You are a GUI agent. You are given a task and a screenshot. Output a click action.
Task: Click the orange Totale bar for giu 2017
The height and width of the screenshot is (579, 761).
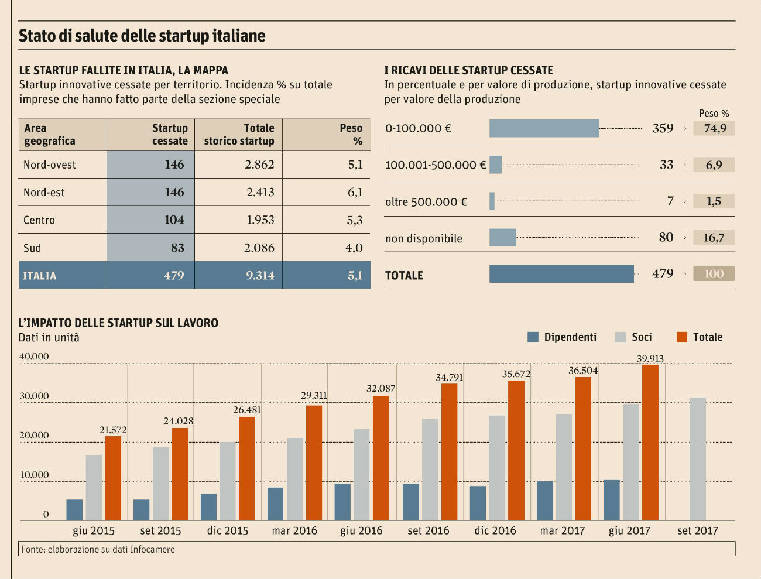pos(650,443)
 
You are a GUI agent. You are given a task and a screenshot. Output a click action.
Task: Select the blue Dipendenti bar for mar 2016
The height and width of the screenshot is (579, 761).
pos(275,504)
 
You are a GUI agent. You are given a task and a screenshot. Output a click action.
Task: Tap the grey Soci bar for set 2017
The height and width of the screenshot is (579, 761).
pos(697,459)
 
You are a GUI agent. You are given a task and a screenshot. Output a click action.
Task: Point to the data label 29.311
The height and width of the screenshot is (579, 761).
pos(314,396)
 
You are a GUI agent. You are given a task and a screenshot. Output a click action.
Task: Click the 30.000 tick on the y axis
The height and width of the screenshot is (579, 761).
pos(34,396)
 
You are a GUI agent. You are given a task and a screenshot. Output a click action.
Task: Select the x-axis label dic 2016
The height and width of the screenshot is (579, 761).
pos(495,530)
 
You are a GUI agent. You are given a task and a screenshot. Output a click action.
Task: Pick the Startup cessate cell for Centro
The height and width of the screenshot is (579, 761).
pos(174,220)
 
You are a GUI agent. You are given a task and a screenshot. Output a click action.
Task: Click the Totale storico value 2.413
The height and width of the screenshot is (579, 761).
pos(260,192)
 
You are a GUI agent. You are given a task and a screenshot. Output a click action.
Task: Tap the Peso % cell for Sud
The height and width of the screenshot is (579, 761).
pos(354,248)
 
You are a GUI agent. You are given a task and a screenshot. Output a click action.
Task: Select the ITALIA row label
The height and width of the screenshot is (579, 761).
pos(39,276)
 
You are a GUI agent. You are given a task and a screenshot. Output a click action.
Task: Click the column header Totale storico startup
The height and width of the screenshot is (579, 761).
pos(239,135)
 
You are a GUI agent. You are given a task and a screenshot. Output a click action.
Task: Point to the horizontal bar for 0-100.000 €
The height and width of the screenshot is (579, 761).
pos(544,129)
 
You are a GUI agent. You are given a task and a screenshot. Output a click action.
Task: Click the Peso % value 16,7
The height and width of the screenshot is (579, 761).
pos(714,238)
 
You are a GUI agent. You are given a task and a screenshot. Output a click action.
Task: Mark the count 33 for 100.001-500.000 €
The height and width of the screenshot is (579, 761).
pos(666,165)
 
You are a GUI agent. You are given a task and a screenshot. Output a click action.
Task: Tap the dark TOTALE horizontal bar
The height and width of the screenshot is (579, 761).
pos(561,274)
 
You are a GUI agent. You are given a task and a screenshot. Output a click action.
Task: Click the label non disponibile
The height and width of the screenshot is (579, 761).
pos(423,238)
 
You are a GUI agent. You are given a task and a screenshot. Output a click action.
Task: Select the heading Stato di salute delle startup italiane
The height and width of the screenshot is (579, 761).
pos(142,36)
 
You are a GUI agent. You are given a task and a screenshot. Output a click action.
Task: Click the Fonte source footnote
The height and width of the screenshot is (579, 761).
pos(98,549)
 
